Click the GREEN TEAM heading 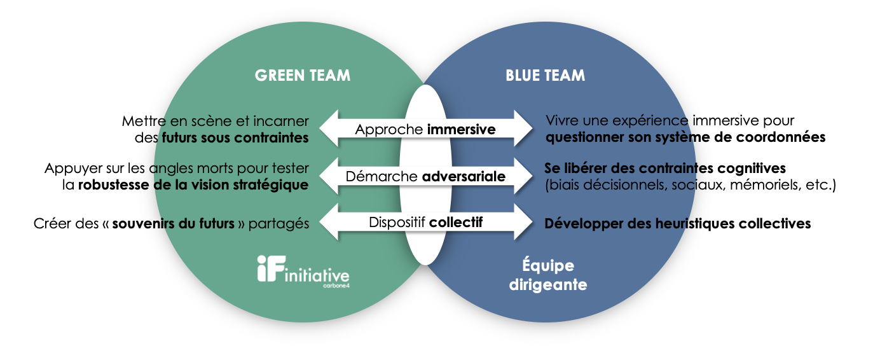coord(302,75)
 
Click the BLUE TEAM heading coord(545,75)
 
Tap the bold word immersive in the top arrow coord(461,129)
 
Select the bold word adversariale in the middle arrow coord(464,176)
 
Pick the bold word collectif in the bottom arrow coord(456,223)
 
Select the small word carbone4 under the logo coord(335,286)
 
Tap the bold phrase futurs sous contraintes coord(235,137)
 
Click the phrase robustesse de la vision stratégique coord(193,184)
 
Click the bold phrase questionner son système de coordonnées coord(685,137)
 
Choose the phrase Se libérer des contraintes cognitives coord(665,169)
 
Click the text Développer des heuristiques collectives coord(677,223)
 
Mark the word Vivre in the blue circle coord(561,121)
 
